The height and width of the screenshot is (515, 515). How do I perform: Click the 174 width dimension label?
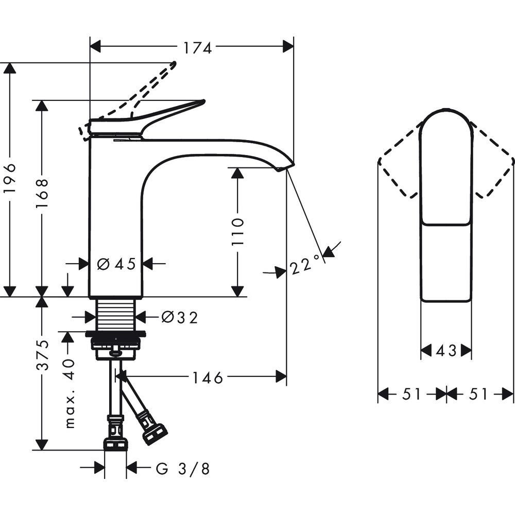click(197, 48)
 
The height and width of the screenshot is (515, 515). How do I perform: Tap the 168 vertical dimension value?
click(42, 193)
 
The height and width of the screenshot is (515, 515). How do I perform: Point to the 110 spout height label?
click(237, 231)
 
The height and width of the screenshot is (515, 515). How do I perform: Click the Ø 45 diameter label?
click(116, 263)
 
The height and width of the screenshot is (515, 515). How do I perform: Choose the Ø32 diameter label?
click(180, 318)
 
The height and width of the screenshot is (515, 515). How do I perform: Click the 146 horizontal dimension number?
click(208, 377)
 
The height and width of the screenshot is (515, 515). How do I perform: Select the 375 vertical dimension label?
click(42, 355)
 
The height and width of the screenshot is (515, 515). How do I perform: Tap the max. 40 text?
click(70, 394)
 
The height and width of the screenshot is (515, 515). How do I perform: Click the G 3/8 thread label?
click(183, 469)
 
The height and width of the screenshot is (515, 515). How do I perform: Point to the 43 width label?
click(446, 351)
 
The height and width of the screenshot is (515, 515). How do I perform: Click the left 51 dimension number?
click(411, 393)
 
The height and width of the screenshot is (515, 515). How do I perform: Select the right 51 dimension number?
click(478, 393)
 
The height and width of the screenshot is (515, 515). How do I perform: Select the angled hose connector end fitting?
click(154, 434)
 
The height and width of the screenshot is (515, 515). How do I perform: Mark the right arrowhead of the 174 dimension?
click(288, 46)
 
